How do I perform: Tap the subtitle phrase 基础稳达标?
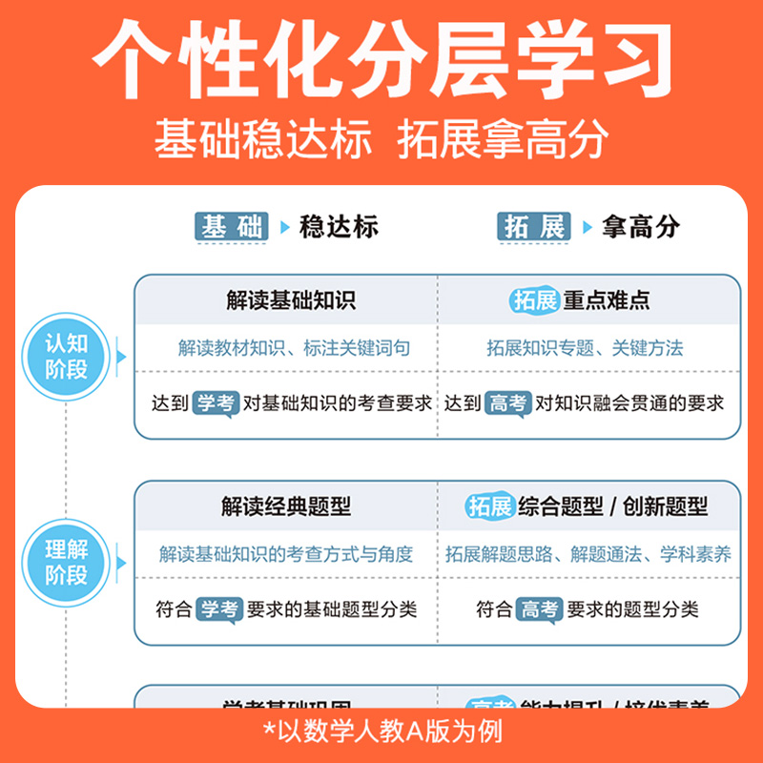click(x=262, y=139)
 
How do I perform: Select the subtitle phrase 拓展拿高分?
click(x=503, y=139)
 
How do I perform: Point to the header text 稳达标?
click(x=339, y=227)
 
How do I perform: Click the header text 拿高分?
click(x=641, y=227)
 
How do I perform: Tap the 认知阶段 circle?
click(x=67, y=357)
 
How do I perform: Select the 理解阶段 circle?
click(x=67, y=562)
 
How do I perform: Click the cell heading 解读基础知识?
click(x=291, y=300)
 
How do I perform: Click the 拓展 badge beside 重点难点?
click(x=533, y=300)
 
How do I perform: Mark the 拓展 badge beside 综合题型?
click(x=490, y=506)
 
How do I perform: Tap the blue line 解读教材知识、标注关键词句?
click(x=294, y=348)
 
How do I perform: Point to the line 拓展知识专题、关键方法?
click(x=585, y=348)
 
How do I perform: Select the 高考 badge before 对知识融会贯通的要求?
click(x=506, y=403)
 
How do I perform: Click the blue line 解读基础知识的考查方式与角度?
click(x=286, y=554)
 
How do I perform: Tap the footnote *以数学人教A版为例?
click(x=381, y=732)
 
